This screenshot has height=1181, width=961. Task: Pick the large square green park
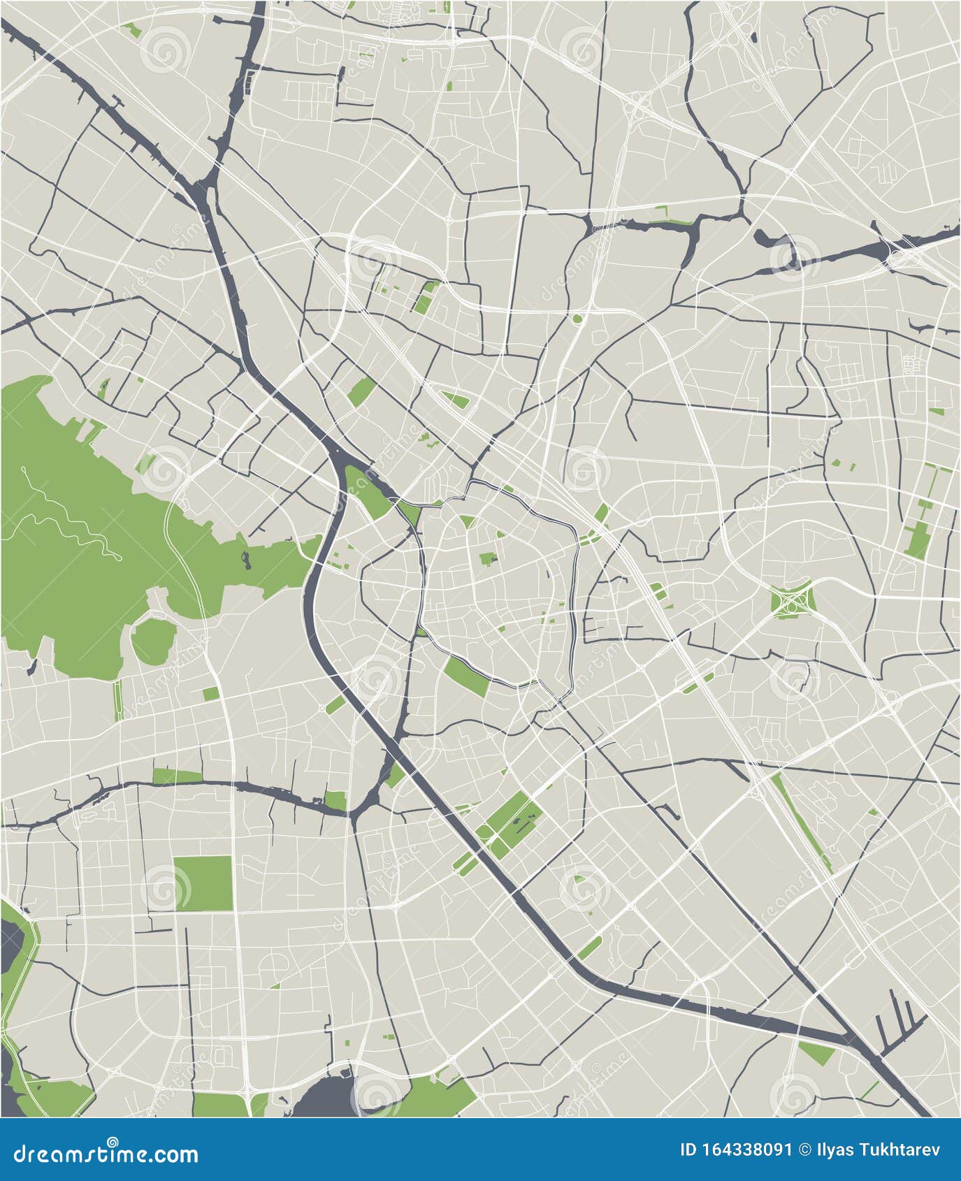[x=203, y=883]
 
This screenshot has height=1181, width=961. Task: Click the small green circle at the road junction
[x=577, y=319]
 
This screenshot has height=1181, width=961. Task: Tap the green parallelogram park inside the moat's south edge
[x=466, y=676]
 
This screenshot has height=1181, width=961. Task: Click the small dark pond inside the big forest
[x=245, y=558]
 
